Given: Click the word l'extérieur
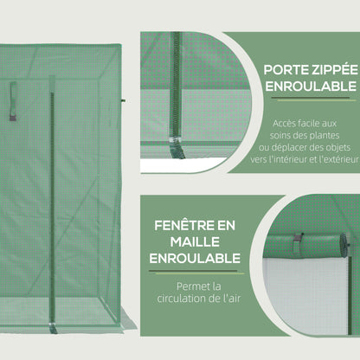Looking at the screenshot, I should point(328,159).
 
